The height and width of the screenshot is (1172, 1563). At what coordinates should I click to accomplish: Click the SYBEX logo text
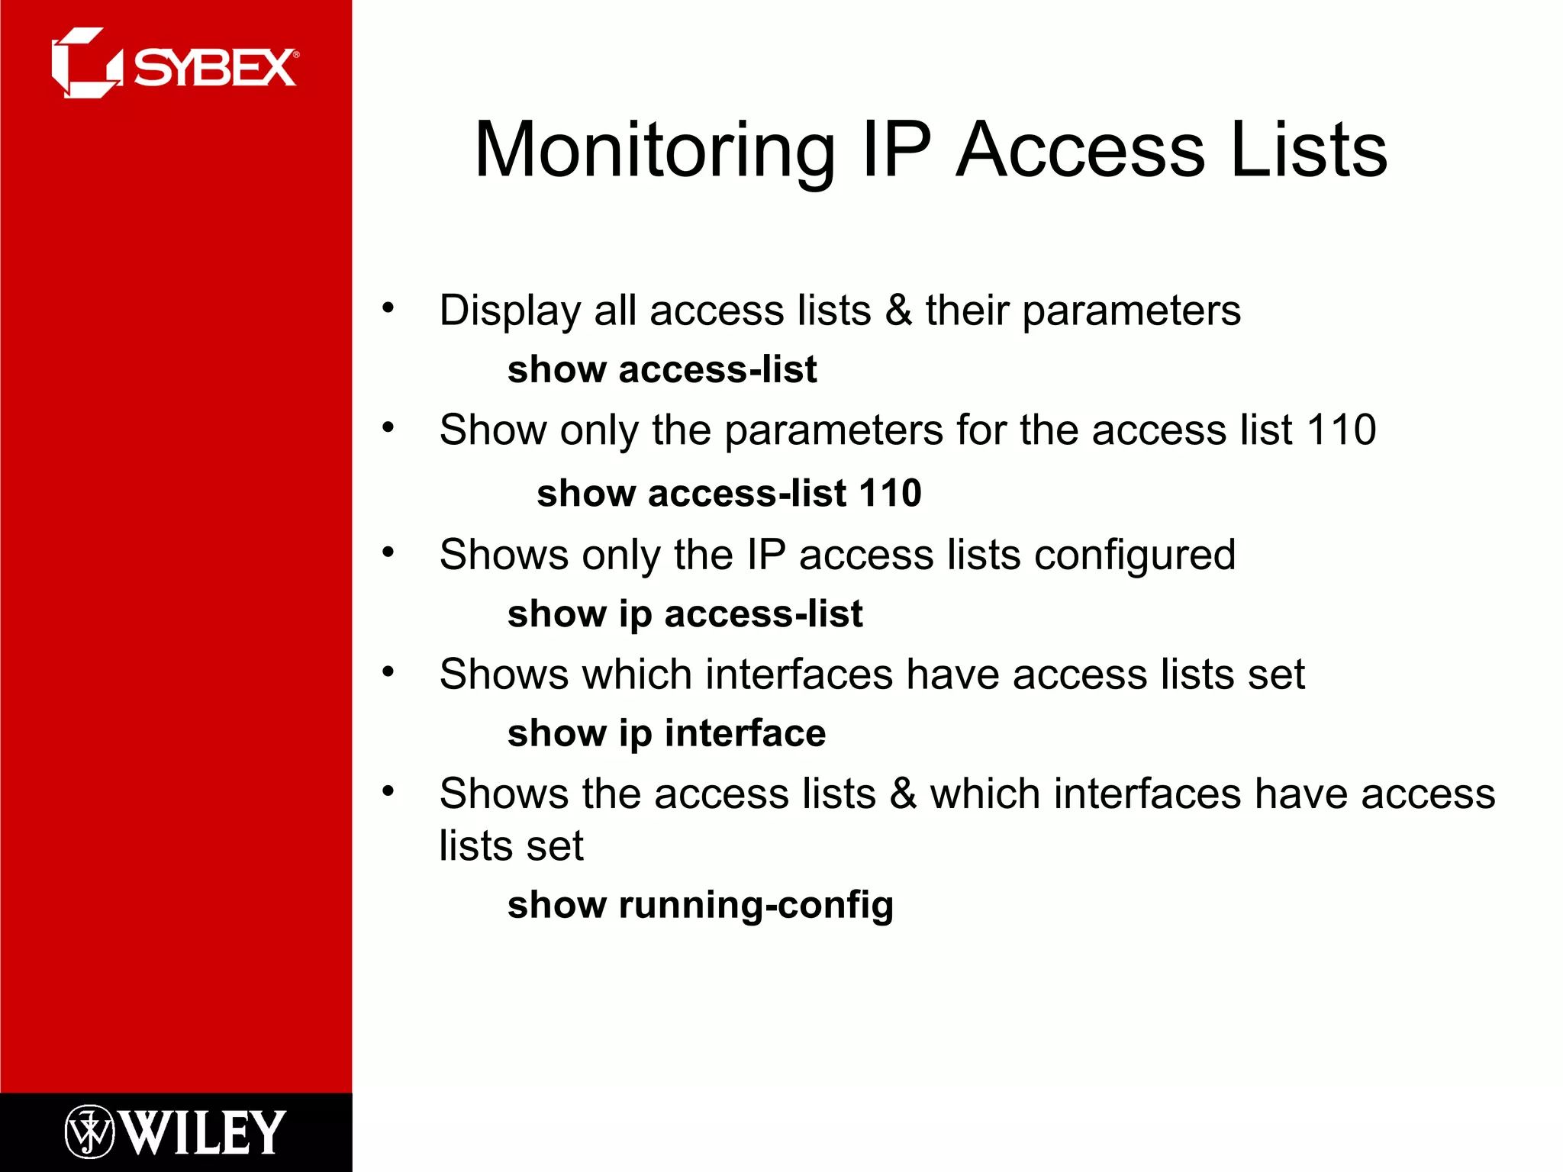point(215,68)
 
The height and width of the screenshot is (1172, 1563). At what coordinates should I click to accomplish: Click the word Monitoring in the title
point(654,150)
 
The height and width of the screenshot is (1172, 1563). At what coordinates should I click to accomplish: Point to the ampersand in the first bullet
point(898,311)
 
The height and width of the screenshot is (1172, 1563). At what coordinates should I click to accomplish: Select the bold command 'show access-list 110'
point(729,493)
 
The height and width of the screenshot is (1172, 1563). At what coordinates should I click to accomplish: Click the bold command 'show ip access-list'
point(685,613)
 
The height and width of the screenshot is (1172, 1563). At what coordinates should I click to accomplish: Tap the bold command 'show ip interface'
point(666,733)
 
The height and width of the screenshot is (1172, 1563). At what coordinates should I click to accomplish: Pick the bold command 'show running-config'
point(700,905)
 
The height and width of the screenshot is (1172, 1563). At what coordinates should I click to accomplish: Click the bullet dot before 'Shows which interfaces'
point(388,672)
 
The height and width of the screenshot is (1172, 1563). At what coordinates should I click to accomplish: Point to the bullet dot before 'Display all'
point(388,308)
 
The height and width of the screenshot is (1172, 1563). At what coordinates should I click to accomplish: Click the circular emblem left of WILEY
point(89,1132)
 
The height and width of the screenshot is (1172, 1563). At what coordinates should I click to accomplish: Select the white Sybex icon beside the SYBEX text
point(85,63)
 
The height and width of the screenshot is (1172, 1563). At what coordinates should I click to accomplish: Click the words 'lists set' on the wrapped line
point(511,846)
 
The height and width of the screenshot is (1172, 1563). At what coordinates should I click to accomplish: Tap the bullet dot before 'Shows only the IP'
point(388,552)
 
